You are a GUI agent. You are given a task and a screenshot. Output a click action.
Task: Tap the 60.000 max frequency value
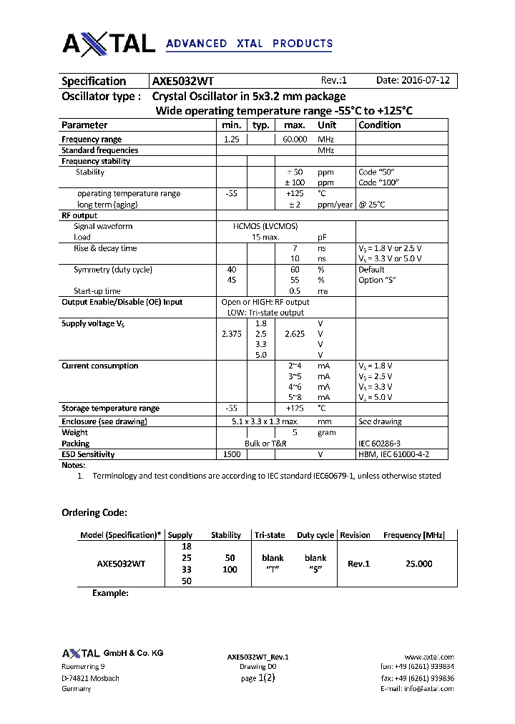295,140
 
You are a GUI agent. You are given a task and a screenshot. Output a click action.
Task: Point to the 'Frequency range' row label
92,140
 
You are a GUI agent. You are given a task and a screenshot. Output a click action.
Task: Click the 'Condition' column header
380,125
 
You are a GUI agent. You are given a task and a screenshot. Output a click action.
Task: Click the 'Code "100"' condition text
378,182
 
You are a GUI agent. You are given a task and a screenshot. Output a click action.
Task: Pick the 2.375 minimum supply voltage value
232,334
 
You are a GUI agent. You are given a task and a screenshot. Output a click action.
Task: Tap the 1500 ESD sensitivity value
232,454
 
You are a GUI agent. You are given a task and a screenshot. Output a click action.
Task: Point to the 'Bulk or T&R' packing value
265,444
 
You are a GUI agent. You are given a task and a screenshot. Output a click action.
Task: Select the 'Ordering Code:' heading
94,513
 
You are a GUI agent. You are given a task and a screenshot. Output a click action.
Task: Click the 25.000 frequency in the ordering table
418,564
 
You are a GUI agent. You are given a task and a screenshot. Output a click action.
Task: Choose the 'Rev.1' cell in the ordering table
358,564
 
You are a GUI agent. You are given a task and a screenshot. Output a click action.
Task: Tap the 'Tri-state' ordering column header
270,535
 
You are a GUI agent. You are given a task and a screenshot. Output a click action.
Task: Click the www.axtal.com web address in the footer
429,657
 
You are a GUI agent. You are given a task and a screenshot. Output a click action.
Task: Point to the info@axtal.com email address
430,688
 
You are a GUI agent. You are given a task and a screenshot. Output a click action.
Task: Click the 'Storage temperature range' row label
110,409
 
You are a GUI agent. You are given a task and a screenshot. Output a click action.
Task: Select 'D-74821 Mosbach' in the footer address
91,677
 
